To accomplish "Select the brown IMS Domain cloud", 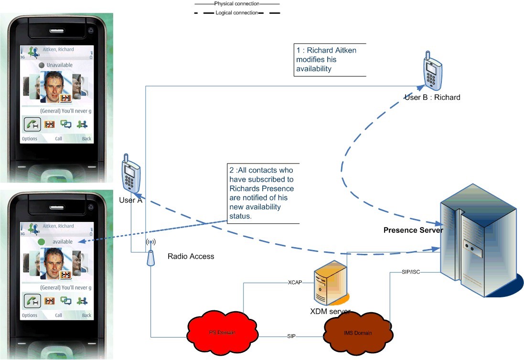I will pyautogui.click(x=358, y=333).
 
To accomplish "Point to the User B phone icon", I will pyautogui.click(x=431, y=72).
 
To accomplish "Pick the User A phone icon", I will pyautogui.click(x=130, y=174).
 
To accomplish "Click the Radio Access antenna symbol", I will pyautogui.click(x=150, y=253).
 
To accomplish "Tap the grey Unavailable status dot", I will pyautogui.click(x=42, y=65).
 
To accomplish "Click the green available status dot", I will pyautogui.click(x=43, y=242).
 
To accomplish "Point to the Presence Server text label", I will pyautogui.click(x=413, y=230).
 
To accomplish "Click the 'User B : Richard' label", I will pyautogui.click(x=432, y=98).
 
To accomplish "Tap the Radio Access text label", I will pyautogui.click(x=191, y=257).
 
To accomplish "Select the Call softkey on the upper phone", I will pyautogui.click(x=58, y=139).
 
